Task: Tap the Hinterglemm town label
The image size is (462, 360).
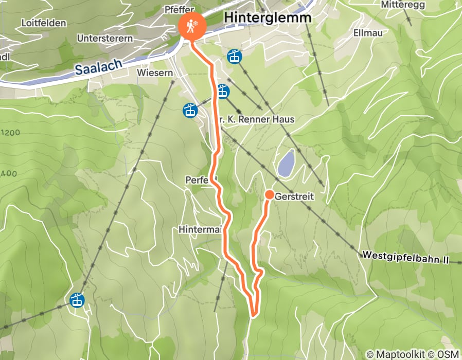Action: pyautogui.click(x=268, y=17)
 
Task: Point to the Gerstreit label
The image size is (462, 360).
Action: pyautogui.click(x=294, y=196)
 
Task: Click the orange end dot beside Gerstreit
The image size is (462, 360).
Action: pyautogui.click(x=269, y=195)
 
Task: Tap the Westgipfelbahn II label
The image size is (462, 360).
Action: pyautogui.click(x=405, y=257)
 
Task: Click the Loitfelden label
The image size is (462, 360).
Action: pyautogui.click(x=44, y=23)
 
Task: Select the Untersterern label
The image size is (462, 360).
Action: pyautogui.click(x=104, y=39)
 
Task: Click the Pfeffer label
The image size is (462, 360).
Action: pyautogui.click(x=179, y=10)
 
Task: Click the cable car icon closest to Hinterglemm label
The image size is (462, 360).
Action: pyautogui.click(x=235, y=57)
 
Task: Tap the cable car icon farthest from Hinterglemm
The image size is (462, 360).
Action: pyautogui.click(x=77, y=300)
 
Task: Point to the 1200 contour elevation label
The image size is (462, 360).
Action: pyautogui.click(x=10, y=132)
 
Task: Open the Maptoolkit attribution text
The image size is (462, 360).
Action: pyautogui.click(x=397, y=354)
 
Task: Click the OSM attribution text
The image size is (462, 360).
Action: pyautogui.click(x=448, y=354)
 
